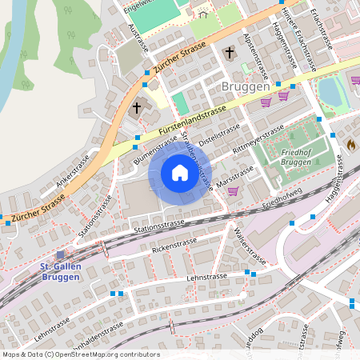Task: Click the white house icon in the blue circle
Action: pos(180,173)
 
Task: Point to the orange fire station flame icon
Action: pos(350,145)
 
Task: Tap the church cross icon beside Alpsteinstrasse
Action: pos(230,54)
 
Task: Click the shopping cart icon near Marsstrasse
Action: pos(233,190)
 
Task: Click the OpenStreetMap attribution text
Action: pos(81,354)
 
